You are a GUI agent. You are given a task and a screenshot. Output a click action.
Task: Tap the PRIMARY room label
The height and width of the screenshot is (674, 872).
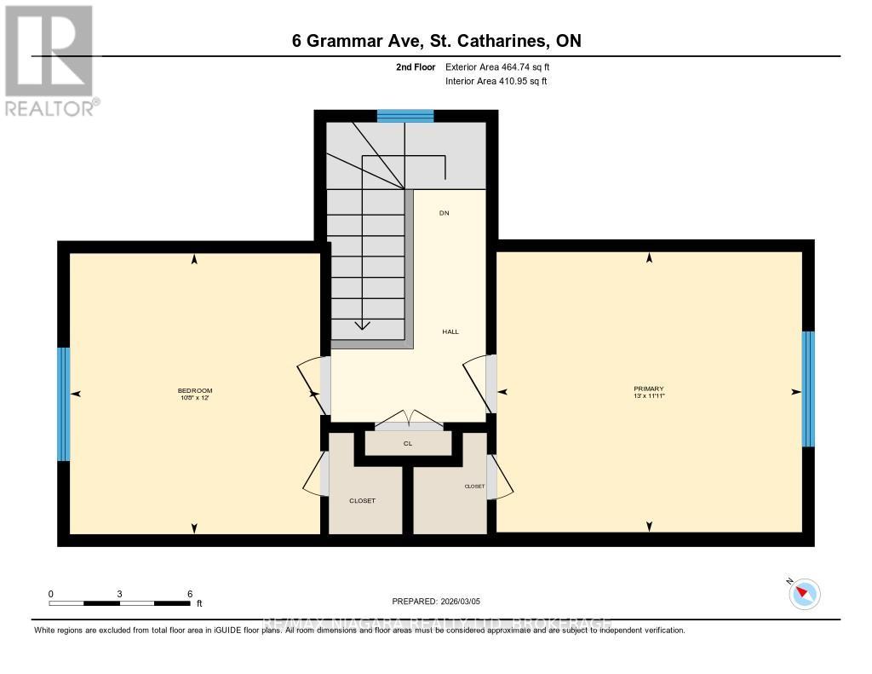tap(648, 389)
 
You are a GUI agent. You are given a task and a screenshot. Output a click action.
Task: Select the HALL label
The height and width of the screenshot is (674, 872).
tap(450, 331)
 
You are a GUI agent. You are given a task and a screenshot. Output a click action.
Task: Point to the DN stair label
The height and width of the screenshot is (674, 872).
tap(444, 213)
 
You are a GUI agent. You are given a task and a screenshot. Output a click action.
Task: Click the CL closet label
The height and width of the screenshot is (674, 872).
tap(408, 444)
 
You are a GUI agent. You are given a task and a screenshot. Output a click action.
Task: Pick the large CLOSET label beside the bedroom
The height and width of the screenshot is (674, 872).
tap(362, 501)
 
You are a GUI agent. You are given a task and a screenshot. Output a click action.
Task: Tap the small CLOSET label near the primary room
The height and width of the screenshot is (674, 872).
tap(474, 487)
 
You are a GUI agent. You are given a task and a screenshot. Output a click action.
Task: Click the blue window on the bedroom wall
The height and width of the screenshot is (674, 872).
tap(63, 403)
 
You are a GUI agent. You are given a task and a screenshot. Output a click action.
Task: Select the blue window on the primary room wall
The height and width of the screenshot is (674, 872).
tap(808, 389)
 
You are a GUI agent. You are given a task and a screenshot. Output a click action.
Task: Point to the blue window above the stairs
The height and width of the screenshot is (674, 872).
tap(405, 117)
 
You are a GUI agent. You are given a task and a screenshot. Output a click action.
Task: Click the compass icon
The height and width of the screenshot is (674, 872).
tap(805, 594)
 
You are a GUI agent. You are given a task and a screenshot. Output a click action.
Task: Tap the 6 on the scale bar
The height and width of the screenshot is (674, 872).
tap(190, 594)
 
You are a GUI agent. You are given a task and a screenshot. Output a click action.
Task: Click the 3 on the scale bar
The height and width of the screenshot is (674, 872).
tap(120, 594)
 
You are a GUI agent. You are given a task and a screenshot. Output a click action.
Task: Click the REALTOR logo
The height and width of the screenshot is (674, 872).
tap(49, 60)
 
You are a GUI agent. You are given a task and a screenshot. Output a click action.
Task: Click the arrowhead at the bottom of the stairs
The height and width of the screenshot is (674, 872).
tap(363, 325)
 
